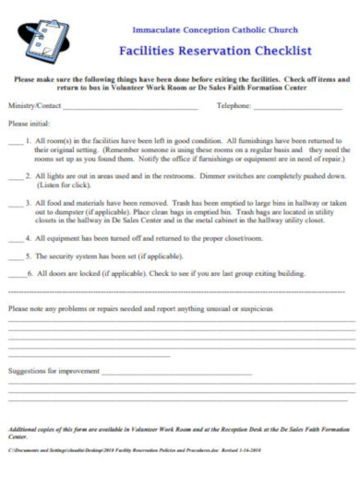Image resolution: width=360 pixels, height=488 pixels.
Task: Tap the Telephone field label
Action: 234,106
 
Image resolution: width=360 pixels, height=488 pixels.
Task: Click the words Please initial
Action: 29,123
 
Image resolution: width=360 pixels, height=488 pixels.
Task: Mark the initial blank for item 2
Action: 15,174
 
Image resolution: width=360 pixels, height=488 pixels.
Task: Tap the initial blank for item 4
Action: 15,237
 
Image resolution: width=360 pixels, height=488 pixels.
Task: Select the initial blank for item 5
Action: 15,256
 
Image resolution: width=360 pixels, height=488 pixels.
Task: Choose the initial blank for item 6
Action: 15,273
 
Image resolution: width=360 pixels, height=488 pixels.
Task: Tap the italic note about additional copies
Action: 179,434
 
